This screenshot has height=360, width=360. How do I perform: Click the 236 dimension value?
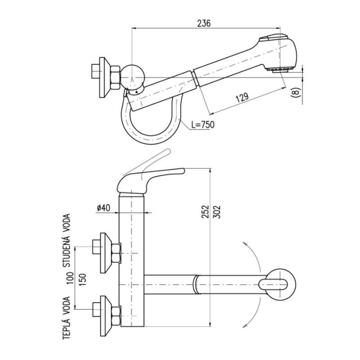(204, 23)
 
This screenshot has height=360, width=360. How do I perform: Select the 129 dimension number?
(242, 98)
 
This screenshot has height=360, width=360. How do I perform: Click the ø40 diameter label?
(103, 208)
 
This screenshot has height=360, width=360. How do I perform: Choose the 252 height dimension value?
(206, 211)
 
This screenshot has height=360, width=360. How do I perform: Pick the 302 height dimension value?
(216, 211)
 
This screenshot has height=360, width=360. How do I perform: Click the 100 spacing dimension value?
(71, 278)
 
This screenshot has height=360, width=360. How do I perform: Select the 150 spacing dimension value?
(82, 279)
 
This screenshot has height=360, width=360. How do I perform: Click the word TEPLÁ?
(66, 329)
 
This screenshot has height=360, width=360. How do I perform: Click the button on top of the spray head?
(274, 37)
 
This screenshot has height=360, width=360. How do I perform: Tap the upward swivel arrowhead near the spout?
(245, 244)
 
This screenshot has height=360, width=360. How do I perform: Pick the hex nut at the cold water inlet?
(116, 253)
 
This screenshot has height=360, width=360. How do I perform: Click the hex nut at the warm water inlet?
(116, 316)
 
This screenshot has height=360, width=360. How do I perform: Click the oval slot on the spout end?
(273, 285)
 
